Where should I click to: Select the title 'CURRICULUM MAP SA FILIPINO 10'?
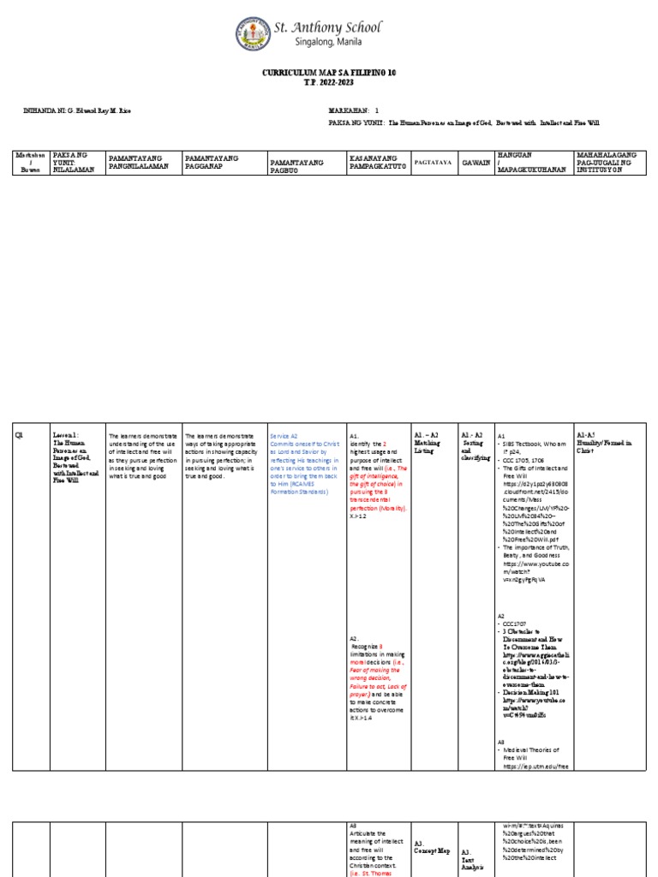(329, 75)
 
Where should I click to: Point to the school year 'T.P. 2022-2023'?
(329, 84)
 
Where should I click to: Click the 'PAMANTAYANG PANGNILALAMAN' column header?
(141, 162)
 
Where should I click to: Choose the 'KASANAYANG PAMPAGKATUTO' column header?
(376, 162)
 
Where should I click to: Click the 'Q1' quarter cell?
(19, 436)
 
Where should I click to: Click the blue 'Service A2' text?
(284, 436)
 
